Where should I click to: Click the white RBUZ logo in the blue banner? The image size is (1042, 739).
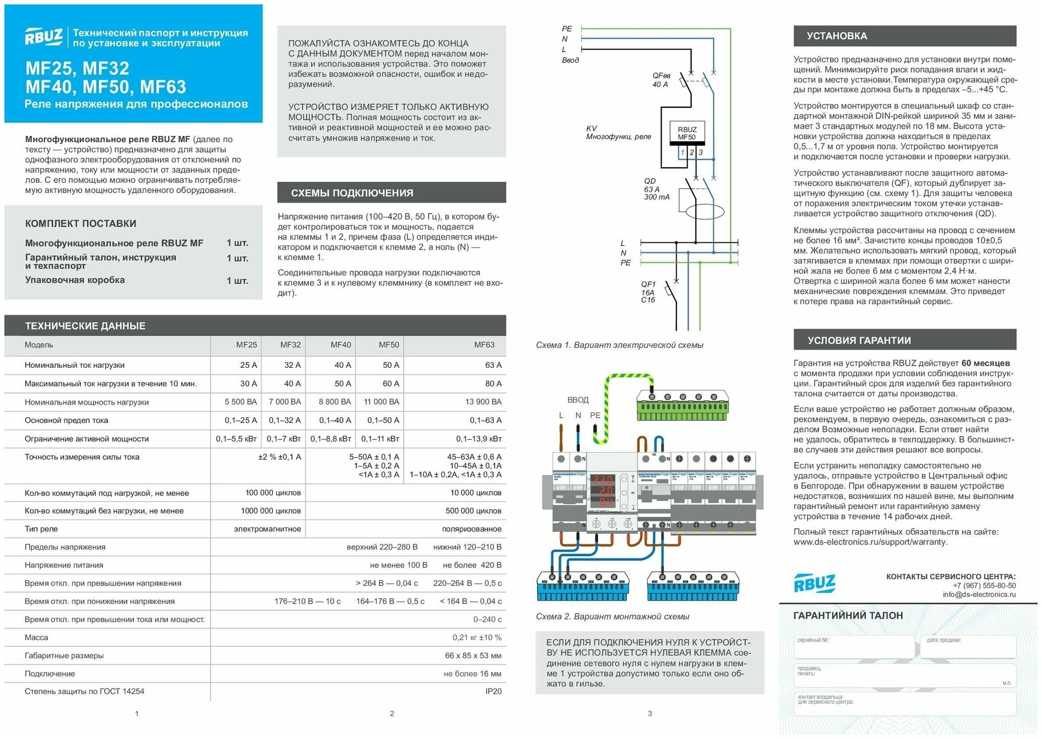(x=44, y=37)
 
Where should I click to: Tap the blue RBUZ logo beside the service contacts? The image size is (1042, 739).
(x=814, y=583)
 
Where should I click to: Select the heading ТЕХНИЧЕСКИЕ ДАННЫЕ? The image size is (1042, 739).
(x=85, y=326)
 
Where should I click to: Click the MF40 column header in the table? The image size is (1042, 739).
(x=341, y=345)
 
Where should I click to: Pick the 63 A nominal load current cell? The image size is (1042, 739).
(x=493, y=365)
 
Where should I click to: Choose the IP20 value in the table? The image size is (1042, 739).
(x=493, y=691)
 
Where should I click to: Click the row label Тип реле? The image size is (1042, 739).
(x=41, y=529)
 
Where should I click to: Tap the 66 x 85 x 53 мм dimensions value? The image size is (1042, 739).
(x=473, y=655)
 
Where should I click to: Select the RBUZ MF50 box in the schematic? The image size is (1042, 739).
(x=687, y=133)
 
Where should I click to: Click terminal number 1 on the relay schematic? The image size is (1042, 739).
(x=682, y=153)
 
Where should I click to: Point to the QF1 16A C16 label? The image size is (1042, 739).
(x=648, y=292)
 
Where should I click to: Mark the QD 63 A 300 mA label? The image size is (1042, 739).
(x=656, y=189)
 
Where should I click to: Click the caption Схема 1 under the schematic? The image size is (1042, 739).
(x=619, y=345)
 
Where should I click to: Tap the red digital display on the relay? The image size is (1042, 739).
(x=602, y=490)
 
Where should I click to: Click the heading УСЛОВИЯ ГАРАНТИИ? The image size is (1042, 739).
(x=859, y=341)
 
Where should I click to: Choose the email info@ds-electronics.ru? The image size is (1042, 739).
(x=979, y=594)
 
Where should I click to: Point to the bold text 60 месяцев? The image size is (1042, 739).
(x=985, y=363)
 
